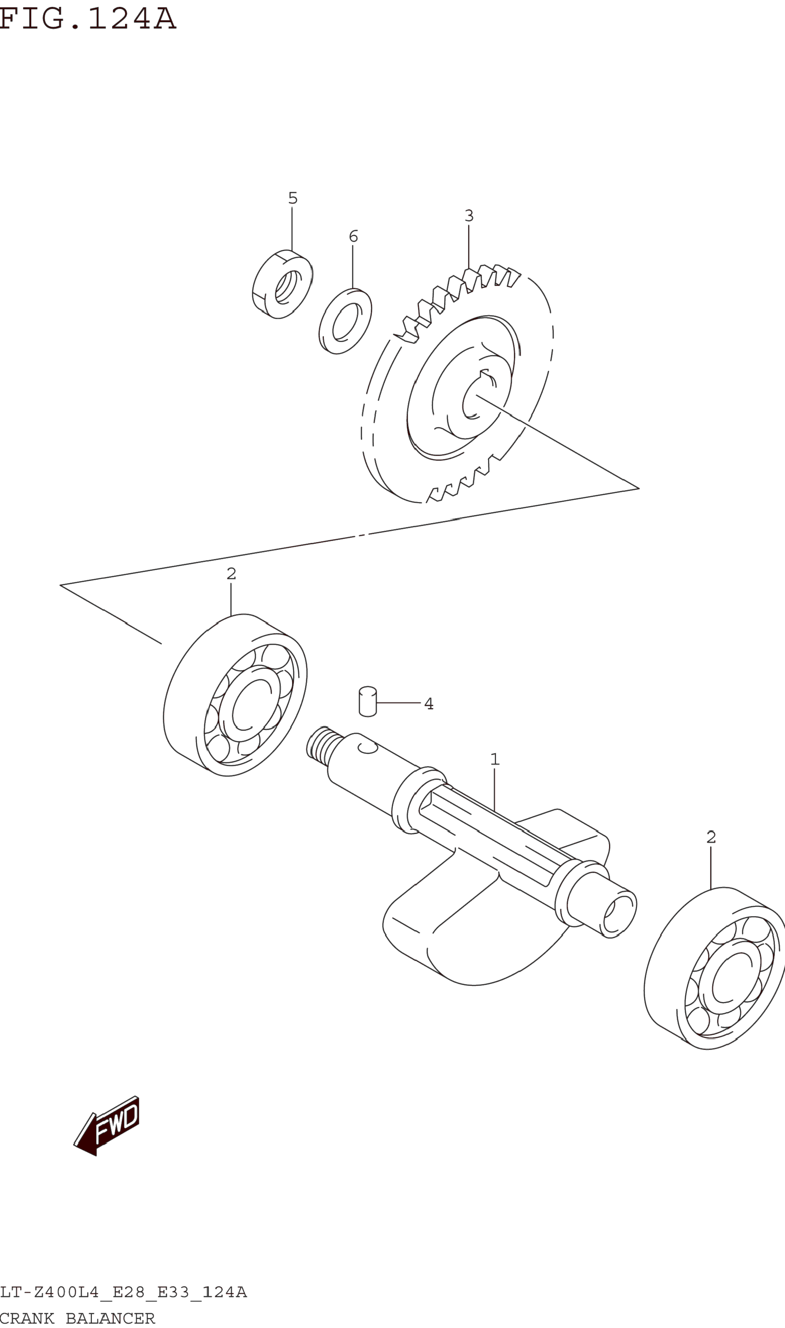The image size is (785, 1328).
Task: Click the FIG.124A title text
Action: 87,19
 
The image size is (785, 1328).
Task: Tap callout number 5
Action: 293,198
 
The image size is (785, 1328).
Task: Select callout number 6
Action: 353,236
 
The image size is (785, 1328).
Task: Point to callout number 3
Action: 469,216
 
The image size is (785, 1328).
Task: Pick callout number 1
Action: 494,759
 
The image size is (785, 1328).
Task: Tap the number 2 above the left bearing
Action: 231,573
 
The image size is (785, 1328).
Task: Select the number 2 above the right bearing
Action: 711,837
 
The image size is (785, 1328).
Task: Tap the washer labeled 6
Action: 345,321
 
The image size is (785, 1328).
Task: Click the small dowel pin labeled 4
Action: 368,701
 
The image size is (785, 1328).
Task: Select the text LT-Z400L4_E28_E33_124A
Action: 123,1293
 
